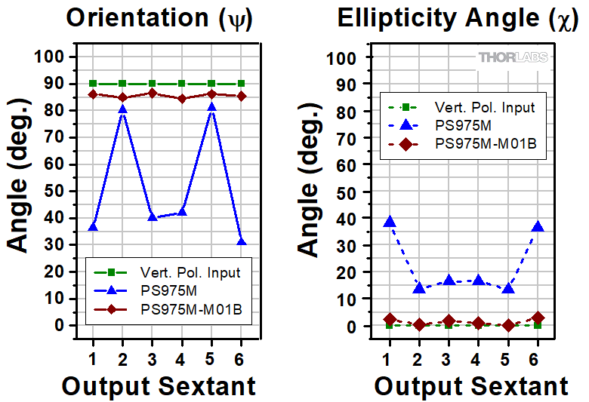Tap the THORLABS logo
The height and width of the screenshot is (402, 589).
pyautogui.click(x=513, y=57)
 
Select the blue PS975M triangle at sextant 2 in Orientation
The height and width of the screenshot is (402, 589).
pyautogui.click(x=122, y=109)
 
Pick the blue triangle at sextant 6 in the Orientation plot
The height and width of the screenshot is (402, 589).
pyautogui.click(x=241, y=241)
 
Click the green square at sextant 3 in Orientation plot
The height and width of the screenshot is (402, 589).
pyautogui.click(x=152, y=84)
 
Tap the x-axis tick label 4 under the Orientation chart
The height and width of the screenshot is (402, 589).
pyautogui.click(x=181, y=358)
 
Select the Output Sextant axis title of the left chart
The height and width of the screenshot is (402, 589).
pyautogui.click(x=159, y=386)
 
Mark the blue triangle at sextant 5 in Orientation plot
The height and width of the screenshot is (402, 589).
pyautogui.click(x=211, y=107)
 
